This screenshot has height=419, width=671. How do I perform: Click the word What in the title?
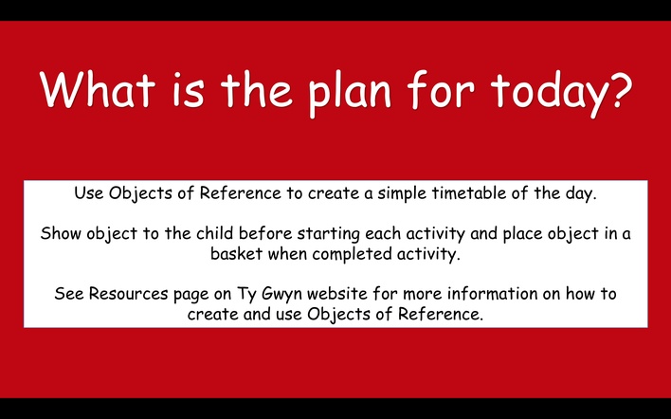coord(97,89)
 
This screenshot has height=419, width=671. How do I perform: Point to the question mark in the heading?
coord(617,89)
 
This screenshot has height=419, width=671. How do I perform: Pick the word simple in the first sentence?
coord(402,194)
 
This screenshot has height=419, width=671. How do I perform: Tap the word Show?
coord(61,233)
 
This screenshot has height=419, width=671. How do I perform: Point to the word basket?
coord(236,254)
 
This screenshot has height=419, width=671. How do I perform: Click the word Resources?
coord(128,294)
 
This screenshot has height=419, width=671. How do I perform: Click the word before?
coord(265,233)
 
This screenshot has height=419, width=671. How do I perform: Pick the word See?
coord(69,294)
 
